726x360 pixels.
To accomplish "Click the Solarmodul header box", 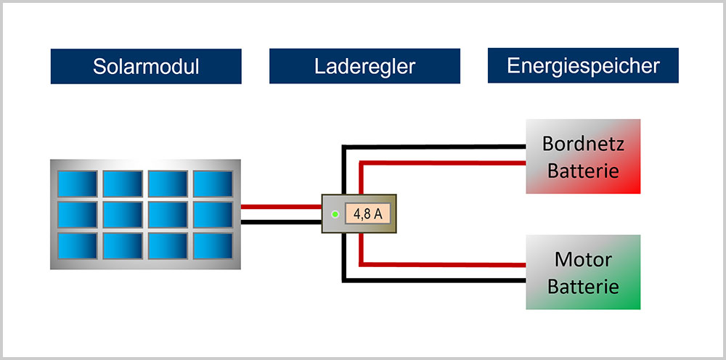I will point(146,66).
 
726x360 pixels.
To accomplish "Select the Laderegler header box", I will point(364,66).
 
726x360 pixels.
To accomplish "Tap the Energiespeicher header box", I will point(583,66).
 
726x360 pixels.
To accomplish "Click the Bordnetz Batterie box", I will point(583,156).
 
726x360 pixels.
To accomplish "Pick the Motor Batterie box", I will point(583,272).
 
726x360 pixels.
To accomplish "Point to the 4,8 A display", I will point(368,214).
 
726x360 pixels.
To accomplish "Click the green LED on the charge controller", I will point(335,215).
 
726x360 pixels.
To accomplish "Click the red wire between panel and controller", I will point(281,207).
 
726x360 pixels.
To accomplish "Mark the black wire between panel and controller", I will point(281,221).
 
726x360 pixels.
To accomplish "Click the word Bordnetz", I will point(583,143).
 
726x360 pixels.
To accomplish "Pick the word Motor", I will point(583,259).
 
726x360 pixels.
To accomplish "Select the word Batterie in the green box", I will point(583,286).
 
